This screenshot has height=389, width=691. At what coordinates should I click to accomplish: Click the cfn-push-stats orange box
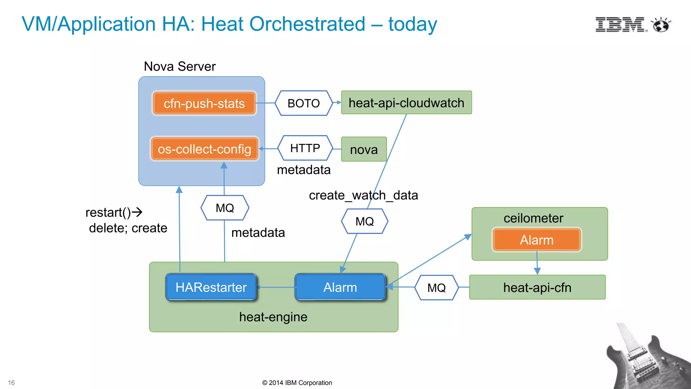click(x=204, y=103)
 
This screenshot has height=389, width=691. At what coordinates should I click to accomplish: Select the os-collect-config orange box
click(x=204, y=149)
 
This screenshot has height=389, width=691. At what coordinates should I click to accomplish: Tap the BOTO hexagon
click(x=304, y=103)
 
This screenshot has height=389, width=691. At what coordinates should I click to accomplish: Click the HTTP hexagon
click(x=305, y=148)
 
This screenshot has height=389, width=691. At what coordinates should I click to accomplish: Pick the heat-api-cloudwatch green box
click(x=406, y=103)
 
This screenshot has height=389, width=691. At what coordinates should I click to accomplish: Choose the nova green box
click(x=364, y=149)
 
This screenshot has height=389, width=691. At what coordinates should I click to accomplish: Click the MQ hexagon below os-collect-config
click(x=225, y=208)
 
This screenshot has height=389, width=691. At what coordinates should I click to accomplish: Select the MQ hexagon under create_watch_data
click(x=364, y=221)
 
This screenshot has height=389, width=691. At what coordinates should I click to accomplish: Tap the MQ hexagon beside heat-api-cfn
click(x=436, y=288)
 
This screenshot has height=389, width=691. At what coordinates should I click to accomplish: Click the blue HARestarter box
click(x=211, y=287)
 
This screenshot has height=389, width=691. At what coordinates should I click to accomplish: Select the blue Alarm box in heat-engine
click(x=340, y=287)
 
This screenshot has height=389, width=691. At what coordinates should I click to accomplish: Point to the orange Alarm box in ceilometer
click(x=536, y=240)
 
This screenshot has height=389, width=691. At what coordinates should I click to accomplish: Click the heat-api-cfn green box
click(x=537, y=287)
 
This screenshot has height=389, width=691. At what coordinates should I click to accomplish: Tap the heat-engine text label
click(x=273, y=317)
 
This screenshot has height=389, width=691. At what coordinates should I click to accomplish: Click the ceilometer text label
click(x=533, y=218)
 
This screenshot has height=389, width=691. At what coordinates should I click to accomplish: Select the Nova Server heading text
click(x=179, y=66)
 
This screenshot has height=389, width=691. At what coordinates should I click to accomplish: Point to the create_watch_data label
click(x=363, y=195)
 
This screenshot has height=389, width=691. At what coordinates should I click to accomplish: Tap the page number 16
click(x=11, y=383)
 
